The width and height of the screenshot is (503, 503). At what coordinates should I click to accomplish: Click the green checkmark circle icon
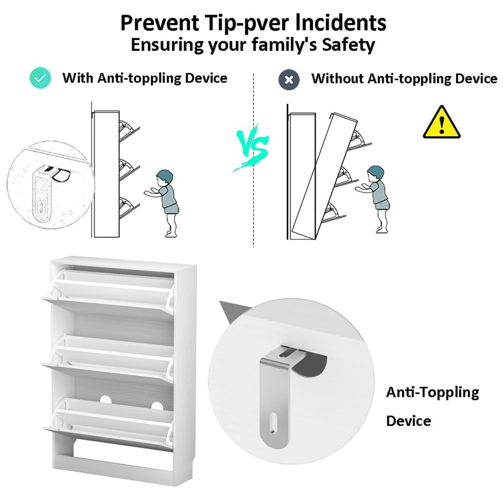[40, 78]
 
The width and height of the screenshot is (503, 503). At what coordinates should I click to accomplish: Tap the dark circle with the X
[289, 80]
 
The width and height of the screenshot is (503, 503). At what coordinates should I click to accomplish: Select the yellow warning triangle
[441, 122]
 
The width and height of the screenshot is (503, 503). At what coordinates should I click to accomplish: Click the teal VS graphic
[251, 148]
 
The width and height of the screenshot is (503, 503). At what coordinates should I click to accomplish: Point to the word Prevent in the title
[159, 23]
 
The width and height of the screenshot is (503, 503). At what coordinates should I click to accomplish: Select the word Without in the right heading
[337, 78]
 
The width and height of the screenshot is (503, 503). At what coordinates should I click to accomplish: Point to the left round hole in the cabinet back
[106, 399]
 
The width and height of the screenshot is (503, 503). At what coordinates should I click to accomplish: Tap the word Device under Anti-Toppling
[409, 428]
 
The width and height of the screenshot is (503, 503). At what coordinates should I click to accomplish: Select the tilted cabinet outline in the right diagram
[324, 176]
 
